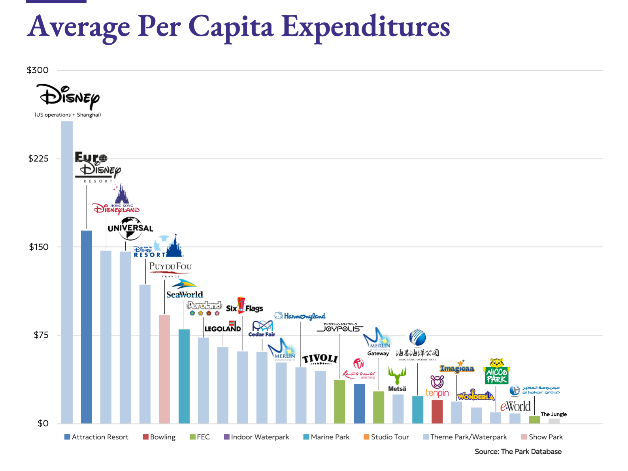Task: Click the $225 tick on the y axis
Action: (38, 159)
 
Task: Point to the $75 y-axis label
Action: (41, 335)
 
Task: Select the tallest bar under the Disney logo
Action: (67, 273)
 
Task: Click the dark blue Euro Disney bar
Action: (87, 327)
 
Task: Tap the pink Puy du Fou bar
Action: (164, 369)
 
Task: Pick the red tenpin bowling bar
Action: (437, 412)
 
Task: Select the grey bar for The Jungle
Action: (554, 421)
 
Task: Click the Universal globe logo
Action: (130, 228)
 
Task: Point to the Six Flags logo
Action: (244, 306)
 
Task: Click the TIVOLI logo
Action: (320, 359)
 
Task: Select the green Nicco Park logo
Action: (496, 372)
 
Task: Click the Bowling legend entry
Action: (159, 437)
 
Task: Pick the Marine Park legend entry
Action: (326, 437)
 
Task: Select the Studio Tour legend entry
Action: (386, 437)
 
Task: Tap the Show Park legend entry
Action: (542, 437)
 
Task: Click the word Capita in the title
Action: (231, 27)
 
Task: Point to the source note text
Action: (518, 452)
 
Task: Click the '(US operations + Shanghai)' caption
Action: (68, 115)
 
